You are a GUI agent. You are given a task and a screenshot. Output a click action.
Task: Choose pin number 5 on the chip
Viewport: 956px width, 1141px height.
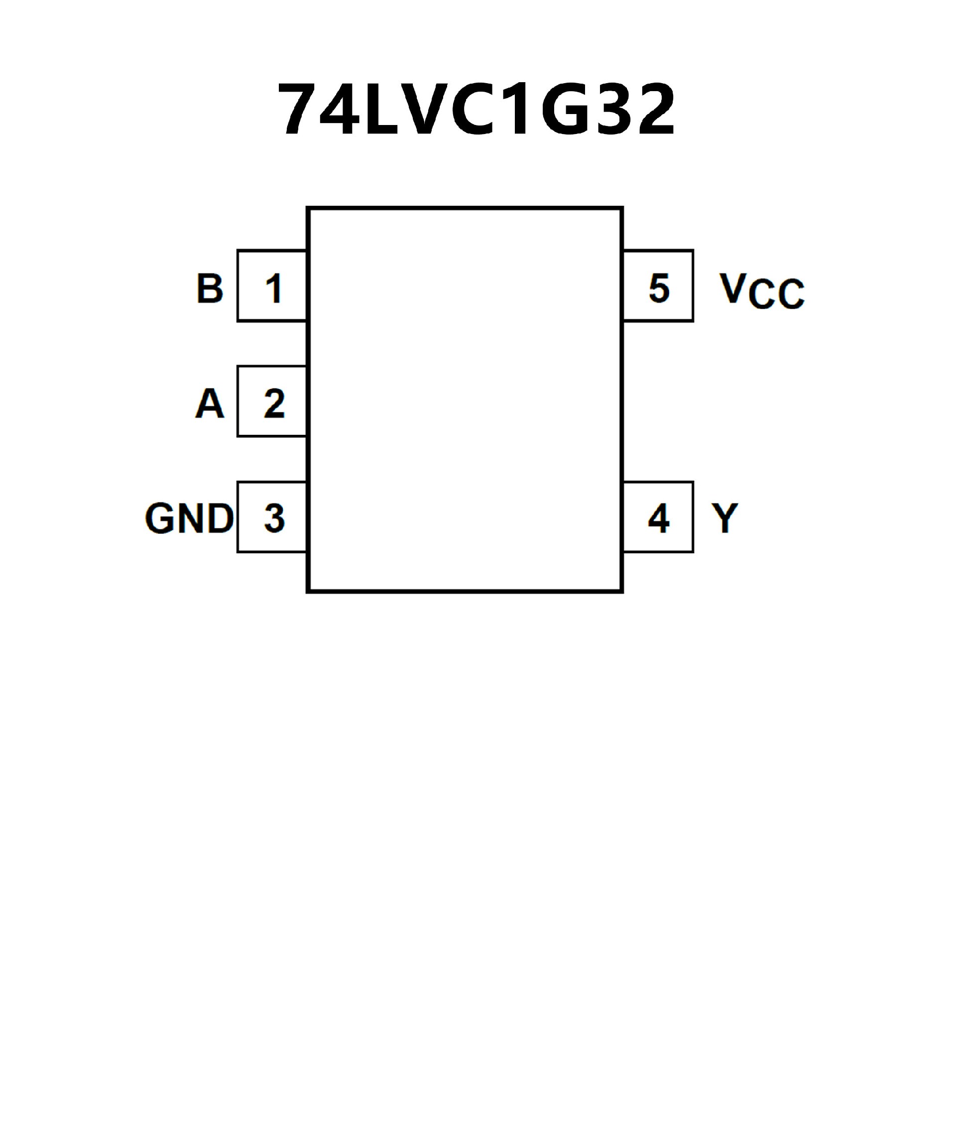(659, 288)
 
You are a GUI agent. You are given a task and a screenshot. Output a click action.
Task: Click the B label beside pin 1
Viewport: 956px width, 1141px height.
(210, 288)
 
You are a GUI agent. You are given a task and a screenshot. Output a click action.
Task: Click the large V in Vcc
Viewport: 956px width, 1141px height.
(732, 288)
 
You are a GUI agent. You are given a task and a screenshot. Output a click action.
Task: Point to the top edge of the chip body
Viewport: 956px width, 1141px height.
(465, 208)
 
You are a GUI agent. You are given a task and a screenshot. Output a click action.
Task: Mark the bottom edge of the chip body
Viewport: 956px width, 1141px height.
(465, 591)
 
